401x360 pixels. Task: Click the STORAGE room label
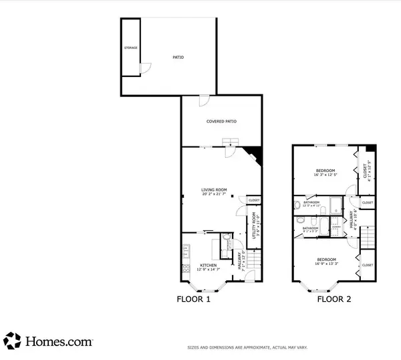130,49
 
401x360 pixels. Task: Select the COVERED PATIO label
222,121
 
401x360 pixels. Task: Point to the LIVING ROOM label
215,190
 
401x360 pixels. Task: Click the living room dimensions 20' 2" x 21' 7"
215,195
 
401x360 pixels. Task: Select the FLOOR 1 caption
193,300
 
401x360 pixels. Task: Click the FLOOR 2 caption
333,300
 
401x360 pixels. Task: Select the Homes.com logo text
58,341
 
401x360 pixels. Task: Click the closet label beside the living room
254,201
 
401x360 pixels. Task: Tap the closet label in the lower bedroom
368,265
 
